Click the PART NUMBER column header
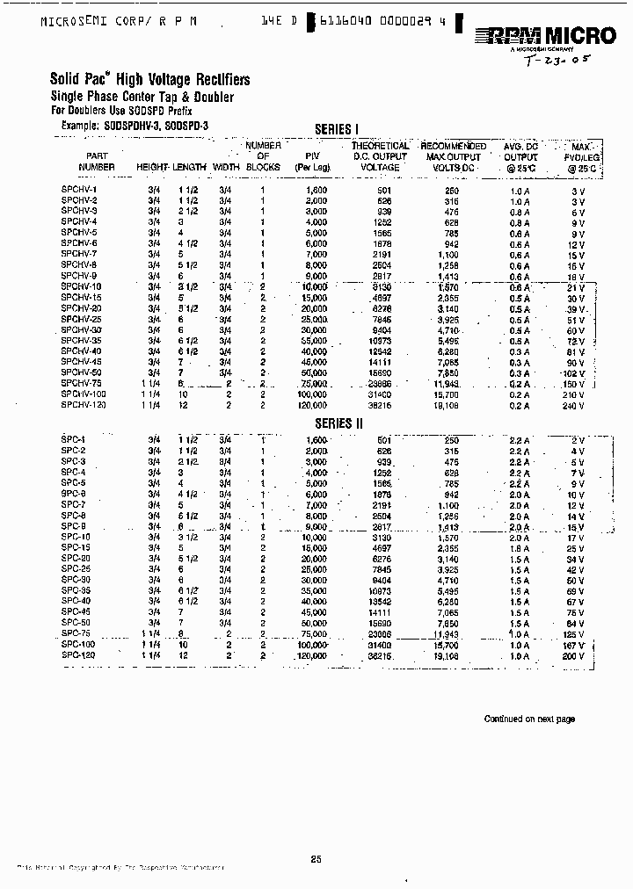96,161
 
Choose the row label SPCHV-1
80,190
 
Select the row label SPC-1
74,439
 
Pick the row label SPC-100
78,645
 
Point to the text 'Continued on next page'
529,719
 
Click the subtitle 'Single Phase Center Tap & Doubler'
142,97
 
